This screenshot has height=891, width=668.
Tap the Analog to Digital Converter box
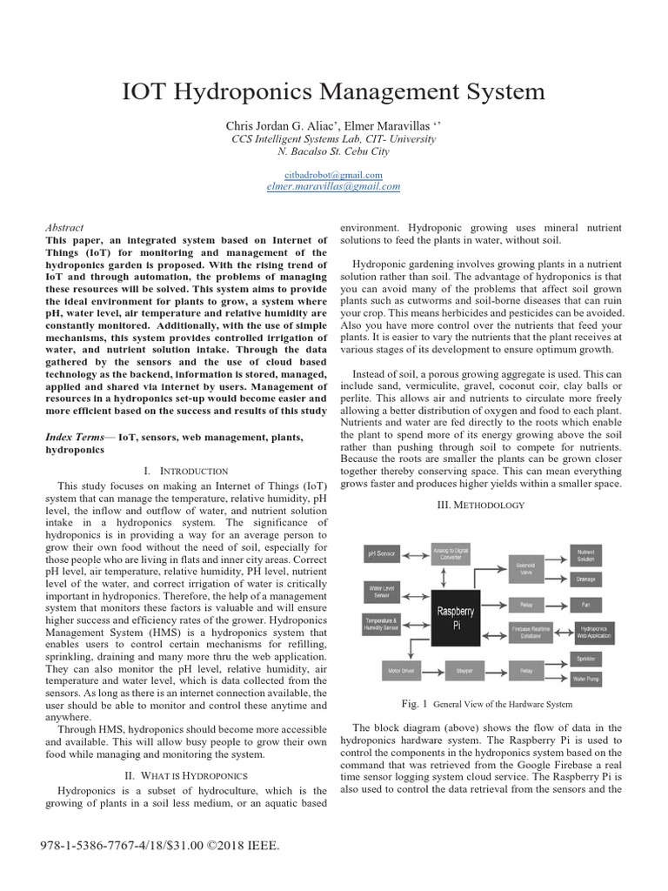click(452, 553)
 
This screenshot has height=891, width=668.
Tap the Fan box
click(585, 603)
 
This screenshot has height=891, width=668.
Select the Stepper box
click(458, 671)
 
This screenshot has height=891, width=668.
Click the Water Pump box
click(585, 678)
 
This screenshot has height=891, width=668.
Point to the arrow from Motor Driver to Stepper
click(431, 671)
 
